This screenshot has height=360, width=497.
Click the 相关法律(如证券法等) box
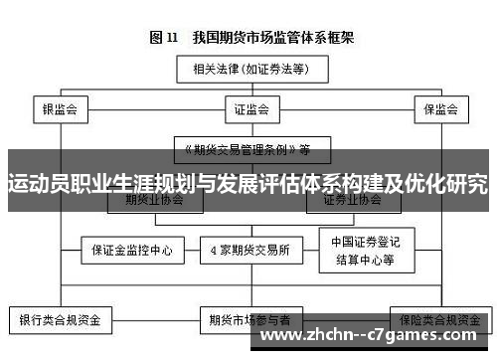(x=249, y=70)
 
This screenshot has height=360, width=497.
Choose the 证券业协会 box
(x=351, y=200)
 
